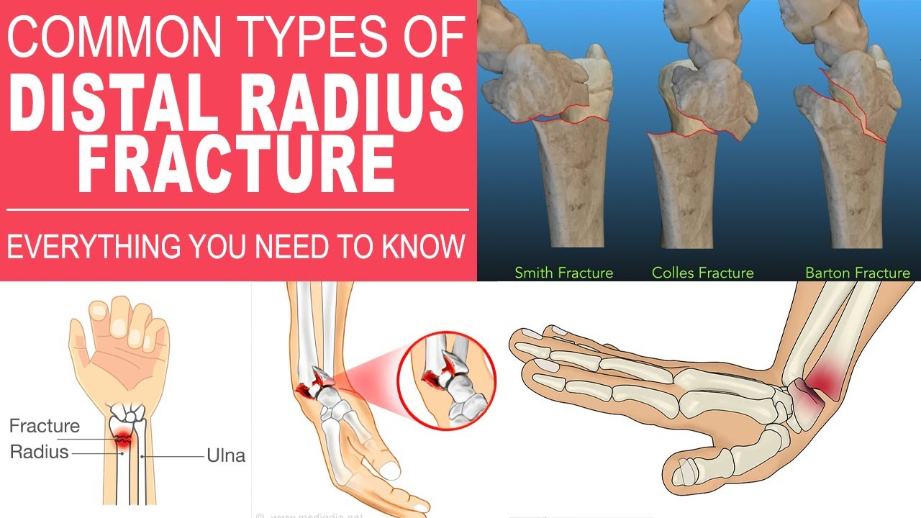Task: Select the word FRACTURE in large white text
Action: coord(237,165)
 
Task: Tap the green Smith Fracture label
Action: coord(564,273)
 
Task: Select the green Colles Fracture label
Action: coord(702,273)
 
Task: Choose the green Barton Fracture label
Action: coord(857,273)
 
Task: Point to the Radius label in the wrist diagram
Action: coord(39,452)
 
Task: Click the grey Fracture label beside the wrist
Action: coord(44,426)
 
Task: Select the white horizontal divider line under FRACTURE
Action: coord(237,210)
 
